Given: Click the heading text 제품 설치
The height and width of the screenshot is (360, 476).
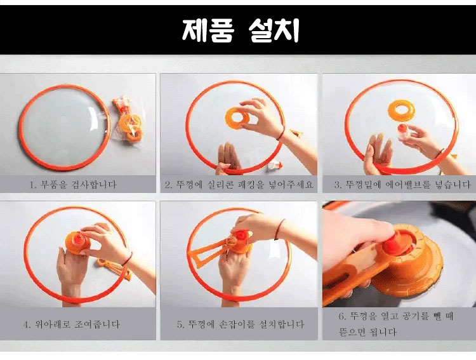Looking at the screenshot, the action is tap(240, 30).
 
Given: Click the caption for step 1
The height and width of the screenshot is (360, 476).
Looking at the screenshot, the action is tap(73, 184).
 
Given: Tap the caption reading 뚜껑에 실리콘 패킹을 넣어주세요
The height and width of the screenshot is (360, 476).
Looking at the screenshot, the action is tap(239, 184).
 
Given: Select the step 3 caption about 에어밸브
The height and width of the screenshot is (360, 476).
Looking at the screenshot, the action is tap(402, 184).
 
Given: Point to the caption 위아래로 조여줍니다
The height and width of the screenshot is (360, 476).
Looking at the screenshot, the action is tap(72, 324).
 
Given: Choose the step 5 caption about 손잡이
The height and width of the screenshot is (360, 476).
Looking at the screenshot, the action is tap(241, 324).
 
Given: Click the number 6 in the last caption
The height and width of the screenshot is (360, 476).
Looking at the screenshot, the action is tap(342, 316).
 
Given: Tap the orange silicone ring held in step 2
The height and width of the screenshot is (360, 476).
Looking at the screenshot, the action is tap(237, 118).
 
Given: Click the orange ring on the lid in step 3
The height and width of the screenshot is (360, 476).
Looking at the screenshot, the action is tap(401, 110).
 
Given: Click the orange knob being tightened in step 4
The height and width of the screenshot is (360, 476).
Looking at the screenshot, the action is tap(77, 242).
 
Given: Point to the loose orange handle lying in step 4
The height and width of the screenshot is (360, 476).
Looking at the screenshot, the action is tap(114, 268).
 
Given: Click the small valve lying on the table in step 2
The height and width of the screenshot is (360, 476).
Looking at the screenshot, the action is tap(274, 166).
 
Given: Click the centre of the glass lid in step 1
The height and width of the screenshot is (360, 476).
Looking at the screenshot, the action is tap(65, 128).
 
